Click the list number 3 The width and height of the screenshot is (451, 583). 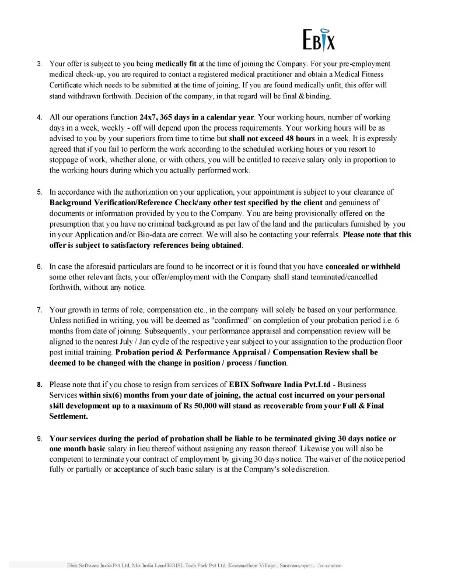40,64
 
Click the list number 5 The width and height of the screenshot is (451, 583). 40,192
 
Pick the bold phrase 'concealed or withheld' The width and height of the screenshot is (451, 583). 362,266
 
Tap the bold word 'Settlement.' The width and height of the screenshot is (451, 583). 69,416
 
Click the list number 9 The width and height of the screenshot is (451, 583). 40,438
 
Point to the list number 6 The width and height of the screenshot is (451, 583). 40,266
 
